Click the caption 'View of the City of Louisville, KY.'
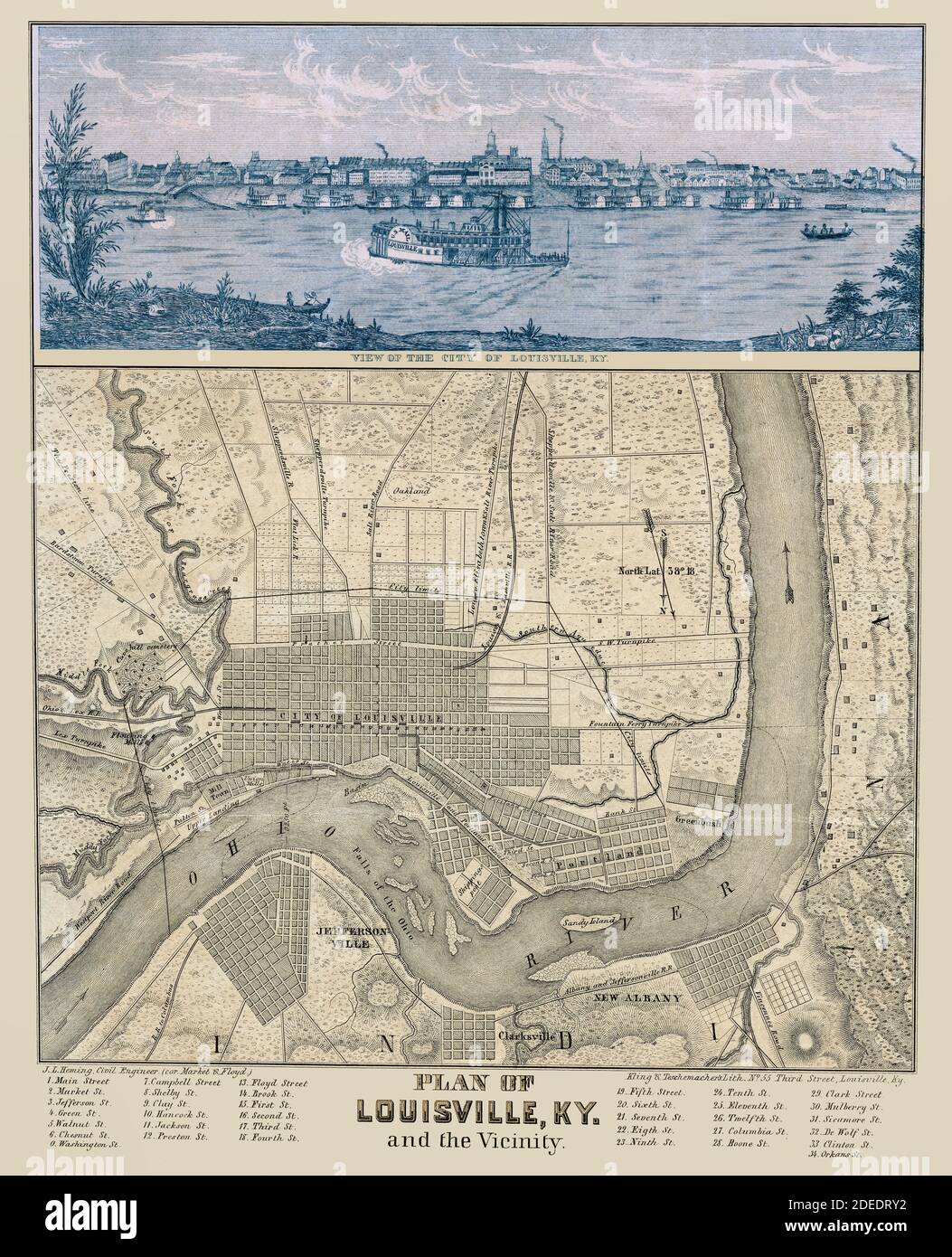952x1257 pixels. (x=476, y=357)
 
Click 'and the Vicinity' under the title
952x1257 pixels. (x=476, y=1141)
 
